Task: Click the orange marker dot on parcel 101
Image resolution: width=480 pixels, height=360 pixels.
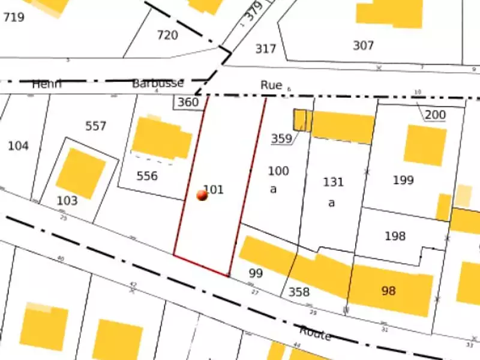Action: click(202, 195)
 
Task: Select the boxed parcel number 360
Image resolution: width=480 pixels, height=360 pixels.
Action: click(188, 103)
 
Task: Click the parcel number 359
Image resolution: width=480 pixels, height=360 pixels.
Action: click(281, 139)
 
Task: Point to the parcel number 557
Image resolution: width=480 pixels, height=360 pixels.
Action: click(96, 126)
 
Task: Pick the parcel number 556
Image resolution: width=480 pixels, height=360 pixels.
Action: click(147, 176)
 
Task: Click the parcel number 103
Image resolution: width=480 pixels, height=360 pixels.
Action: click(67, 201)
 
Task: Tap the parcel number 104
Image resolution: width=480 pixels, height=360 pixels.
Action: click(18, 146)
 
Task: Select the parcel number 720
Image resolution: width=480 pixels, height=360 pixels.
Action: click(167, 35)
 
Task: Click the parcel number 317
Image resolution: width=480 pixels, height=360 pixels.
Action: click(265, 49)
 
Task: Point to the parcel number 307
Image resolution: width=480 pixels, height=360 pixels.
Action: click(364, 46)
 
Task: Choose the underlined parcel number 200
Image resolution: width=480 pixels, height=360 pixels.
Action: click(435, 115)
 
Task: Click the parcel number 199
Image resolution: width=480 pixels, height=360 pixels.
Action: click(403, 180)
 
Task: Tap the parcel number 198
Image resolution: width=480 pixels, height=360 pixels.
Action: click(395, 236)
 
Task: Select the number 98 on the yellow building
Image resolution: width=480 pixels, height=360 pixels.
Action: click(389, 291)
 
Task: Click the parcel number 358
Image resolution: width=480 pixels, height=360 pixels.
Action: click(299, 292)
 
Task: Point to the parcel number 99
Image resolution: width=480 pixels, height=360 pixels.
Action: click(256, 273)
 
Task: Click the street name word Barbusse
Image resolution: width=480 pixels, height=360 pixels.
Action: click(158, 83)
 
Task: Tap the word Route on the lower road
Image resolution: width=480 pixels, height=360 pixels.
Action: click(316, 333)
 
